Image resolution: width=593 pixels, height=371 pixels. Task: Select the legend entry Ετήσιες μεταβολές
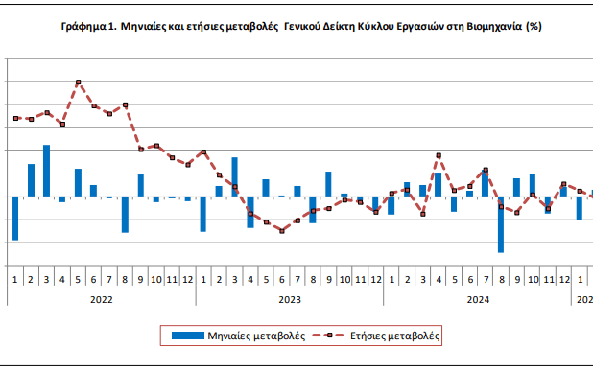pyautogui.click(x=384, y=336)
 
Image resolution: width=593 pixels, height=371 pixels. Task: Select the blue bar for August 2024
pyautogui.click(x=501, y=224)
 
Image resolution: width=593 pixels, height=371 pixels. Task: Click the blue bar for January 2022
pyautogui.click(x=15, y=218)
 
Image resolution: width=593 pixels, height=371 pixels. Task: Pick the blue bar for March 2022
pyautogui.click(x=46, y=171)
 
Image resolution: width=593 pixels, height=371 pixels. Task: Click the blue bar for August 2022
pyautogui.click(x=125, y=214)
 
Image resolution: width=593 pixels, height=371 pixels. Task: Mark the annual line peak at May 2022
pyautogui.click(x=78, y=82)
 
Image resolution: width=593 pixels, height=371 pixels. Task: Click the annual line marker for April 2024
pyautogui.click(x=439, y=155)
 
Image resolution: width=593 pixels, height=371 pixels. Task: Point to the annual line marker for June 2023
pyautogui.click(x=281, y=231)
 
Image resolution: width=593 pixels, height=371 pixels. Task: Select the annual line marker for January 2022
pyautogui.click(x=15, y=118)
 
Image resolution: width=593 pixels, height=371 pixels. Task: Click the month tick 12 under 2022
pyautogui.click(x=187, y=279)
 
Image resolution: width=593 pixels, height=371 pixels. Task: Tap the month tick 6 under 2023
pyautogui.click(x=281, y=279)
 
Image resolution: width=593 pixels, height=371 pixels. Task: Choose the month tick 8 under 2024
pyautogui.click(x=501, y=279)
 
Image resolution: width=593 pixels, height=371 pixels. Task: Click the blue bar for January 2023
pyautogui.click(x=203, y=214)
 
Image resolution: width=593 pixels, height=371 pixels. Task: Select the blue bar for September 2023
pyautogui.click(x=328, y=184)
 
